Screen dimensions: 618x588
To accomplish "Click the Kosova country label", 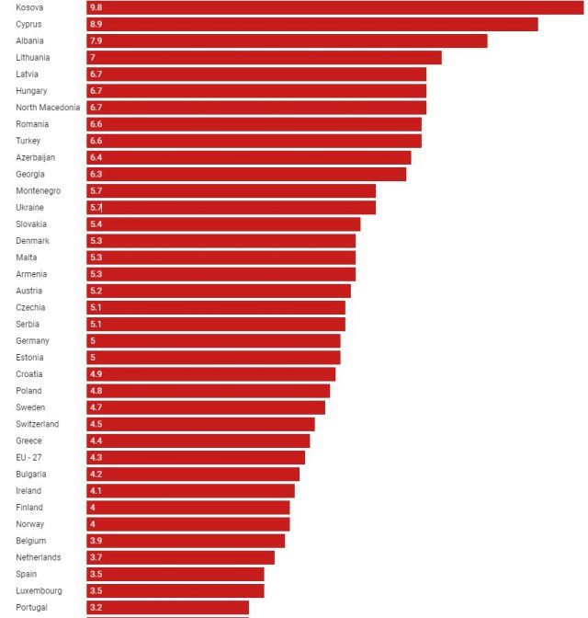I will point(29,7).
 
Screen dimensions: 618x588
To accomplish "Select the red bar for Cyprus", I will point(312,24).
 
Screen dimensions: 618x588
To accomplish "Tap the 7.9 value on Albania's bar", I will point(96,40).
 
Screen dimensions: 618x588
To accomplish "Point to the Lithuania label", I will point(34,57).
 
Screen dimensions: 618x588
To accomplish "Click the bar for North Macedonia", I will point(257,108).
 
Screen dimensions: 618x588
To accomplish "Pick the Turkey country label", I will point(28,141).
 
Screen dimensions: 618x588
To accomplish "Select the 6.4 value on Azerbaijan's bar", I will point(96,157).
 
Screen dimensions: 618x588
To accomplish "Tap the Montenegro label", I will point(39,190).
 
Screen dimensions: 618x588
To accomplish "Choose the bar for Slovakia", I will point(224,223).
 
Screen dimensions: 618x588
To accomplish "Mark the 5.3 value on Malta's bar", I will point(96,257).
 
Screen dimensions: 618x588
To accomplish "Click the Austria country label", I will point(29,291).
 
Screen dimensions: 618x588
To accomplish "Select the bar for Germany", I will point(214,340).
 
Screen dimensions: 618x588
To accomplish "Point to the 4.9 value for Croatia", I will point(96,374).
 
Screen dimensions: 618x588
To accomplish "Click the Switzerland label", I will point(38,424).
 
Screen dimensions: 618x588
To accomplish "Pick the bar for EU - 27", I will point(197,457).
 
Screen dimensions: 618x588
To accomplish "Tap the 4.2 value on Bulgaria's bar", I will point(96,475).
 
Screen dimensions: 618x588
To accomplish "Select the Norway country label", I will point(29,524).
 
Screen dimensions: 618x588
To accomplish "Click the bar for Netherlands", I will point(181,557).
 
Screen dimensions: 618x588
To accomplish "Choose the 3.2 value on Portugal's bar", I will point(96,608).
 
